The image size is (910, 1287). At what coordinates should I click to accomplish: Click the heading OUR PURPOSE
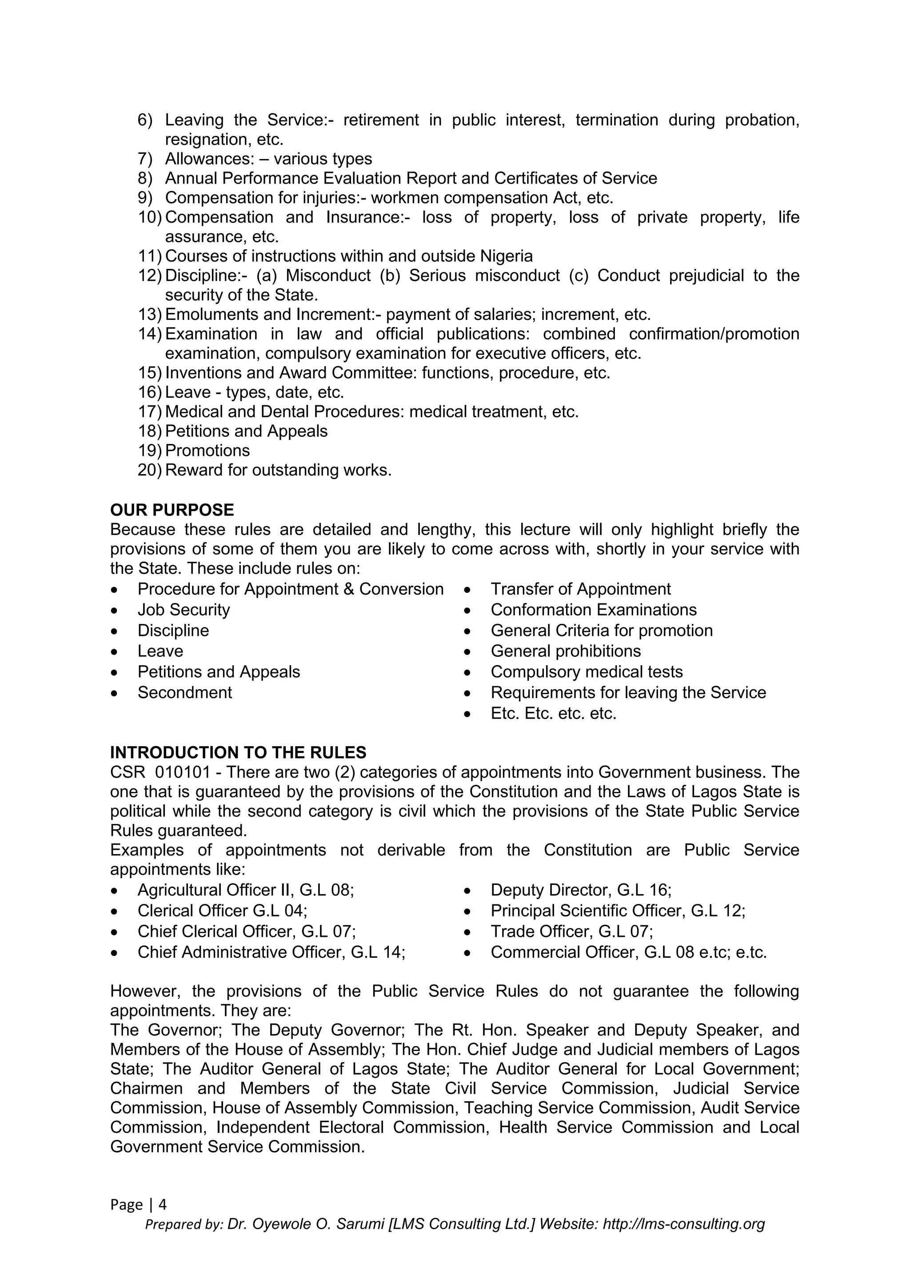click(x=172, y=510)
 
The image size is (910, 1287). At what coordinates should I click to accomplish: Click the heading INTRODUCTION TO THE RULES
click(x=238, y=752)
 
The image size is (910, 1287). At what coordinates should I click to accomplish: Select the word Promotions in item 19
click(x=208, y=451)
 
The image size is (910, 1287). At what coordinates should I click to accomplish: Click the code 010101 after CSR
click(x=182, y=772)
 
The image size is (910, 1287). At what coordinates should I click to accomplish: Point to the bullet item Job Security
click(x=184, y=609)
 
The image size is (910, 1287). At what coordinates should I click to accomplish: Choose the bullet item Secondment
click(x=184, y=692)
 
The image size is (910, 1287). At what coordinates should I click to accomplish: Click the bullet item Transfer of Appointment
click(x=580, y=589)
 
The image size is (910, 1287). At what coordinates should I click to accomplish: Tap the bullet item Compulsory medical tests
click(x=586, y=671)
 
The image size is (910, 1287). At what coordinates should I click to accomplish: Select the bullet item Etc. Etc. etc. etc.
click(x=553, y=714)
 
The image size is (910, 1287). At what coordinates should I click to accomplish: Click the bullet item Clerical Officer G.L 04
click(x=222, y=911)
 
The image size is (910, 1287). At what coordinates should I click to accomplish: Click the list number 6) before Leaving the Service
click(x=144, y=120)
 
